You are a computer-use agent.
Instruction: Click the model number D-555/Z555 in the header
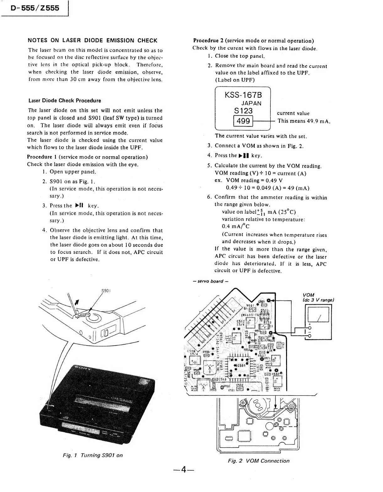35,8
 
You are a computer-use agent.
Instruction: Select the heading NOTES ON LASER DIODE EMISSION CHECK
93,40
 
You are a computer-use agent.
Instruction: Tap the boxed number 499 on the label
243,121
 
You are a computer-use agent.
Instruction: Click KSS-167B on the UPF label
243,95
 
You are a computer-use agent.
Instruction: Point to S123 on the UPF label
243,111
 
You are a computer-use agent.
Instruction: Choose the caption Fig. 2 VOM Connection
259,461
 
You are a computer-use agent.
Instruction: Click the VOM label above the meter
309,295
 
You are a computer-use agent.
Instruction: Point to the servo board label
209,281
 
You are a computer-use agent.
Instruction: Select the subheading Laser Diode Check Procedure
65,101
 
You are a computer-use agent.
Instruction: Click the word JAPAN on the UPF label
251,103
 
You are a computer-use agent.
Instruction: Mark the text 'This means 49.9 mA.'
304,121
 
